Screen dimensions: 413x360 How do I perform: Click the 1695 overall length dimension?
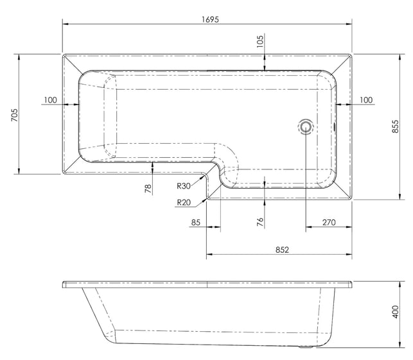pos(210,19)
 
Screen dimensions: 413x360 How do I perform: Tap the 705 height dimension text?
pos(15,115)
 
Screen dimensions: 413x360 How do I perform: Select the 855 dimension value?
pos(396,126)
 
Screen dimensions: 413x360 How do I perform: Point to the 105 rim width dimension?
pos(259,41)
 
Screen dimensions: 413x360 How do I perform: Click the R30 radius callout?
pos(184,186)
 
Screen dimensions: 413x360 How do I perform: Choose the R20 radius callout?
pos(184,202)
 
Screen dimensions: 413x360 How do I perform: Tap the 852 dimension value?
pos(282,250)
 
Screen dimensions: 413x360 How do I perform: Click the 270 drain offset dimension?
pos(329,223)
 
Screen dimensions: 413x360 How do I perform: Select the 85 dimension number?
pos(196,223)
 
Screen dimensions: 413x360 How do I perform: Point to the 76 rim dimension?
pos(260,221)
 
